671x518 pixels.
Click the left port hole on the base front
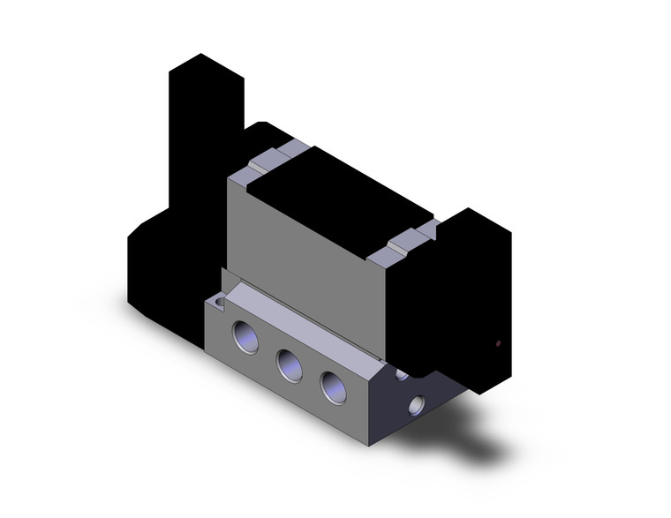pos(245,338)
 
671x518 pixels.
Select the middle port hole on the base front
pos(289,364)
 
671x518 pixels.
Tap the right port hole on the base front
pos(333,387)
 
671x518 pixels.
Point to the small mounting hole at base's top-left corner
pos(219,304)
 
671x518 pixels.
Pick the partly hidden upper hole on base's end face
pos(402,375)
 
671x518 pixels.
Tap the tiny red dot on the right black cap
pos(499,343)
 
